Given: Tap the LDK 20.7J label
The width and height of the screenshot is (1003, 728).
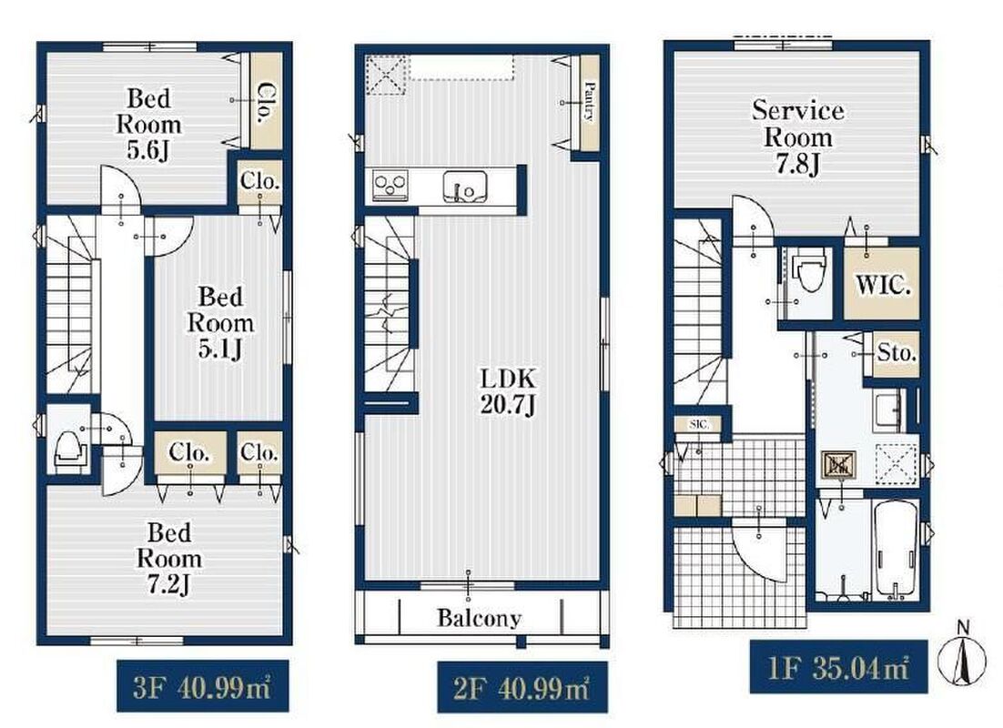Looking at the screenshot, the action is tap(508, 391).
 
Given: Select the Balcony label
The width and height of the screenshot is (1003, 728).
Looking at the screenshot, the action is tap(479, 618).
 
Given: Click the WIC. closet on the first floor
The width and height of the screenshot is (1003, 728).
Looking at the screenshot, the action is tap(882, 283).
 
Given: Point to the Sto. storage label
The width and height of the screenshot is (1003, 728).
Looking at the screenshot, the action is tap(897, 352).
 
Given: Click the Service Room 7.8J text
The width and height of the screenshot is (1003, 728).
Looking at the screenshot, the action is tap(797, 136).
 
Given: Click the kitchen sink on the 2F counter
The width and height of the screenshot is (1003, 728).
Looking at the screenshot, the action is tap(464, 187).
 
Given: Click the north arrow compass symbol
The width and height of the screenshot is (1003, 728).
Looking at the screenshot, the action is tap(961, 656).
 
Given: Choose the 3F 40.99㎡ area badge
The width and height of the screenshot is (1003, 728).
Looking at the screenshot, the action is tap(202, 686).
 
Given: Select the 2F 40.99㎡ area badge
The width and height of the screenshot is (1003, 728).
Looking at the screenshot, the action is tap(522, 688).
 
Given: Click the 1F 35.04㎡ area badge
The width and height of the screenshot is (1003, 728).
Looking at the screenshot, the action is tap(838, 667).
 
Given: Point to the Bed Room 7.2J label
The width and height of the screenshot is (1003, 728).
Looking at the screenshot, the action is tap(169, 558).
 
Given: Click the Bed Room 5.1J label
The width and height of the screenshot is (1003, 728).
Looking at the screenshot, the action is tap(220, 322).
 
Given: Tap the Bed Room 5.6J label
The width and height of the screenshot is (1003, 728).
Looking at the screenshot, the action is tap(148, 124).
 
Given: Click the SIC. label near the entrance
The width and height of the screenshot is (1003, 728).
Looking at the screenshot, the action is tap(698, 424).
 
